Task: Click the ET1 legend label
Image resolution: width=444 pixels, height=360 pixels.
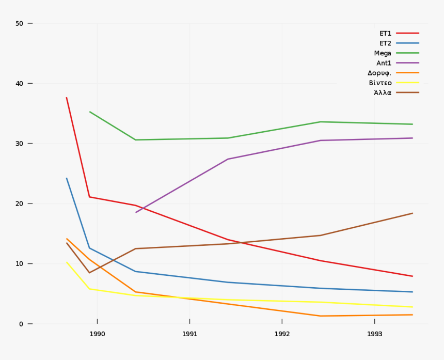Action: pos(385,34)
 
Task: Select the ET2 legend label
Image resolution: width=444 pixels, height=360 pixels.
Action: pos(385,43)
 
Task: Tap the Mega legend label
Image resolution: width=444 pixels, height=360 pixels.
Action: pos(383,53)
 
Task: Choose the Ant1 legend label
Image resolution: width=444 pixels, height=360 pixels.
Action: pos(384,63)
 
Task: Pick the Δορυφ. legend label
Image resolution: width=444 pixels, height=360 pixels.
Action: pos(379,73)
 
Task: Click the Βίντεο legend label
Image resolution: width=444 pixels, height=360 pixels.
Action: pos(380,83)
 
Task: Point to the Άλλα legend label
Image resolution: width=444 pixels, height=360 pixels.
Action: pos(383,93)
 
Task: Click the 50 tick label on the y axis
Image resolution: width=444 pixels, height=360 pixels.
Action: pos(20,23)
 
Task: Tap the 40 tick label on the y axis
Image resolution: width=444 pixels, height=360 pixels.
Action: pos(20,84)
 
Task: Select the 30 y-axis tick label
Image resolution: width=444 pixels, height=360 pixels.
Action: pos(20,144)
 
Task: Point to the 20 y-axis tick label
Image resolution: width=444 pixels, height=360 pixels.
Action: pos(20,204)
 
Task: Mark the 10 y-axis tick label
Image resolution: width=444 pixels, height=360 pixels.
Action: pos(20,264)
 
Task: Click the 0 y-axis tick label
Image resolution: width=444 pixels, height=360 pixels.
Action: pos(21,324)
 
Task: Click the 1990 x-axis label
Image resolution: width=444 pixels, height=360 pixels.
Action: pos(97,334)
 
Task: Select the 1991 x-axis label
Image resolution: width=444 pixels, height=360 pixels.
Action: pos(189,334)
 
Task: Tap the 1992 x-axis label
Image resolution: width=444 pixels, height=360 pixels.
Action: pos(282,334)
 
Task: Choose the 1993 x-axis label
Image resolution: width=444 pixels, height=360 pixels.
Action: pos(374,334)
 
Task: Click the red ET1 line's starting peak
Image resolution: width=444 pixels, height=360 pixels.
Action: pos(67,98)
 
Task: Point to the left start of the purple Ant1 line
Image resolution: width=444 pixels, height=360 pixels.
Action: pos(136,212)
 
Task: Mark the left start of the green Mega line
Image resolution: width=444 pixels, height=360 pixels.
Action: pos(90,112)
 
